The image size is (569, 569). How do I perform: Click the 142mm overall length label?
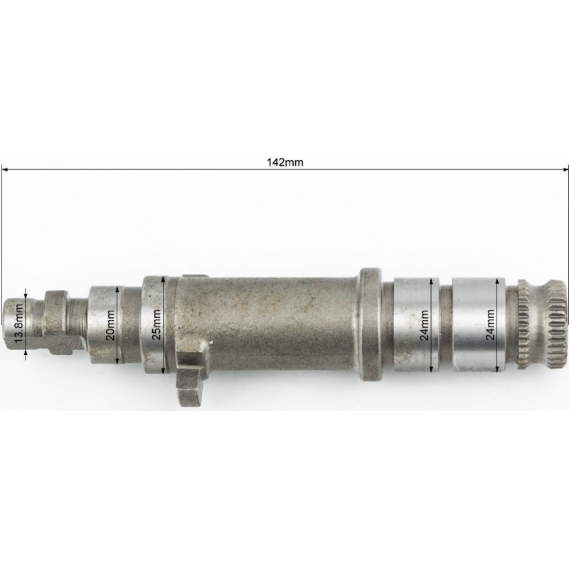coord(285,162)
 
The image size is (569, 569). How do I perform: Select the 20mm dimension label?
coord(111,325)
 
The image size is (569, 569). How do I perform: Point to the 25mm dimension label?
coord(156,324)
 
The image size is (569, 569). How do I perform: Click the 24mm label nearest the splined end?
coord(490,324)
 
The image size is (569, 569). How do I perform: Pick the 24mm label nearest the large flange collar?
coord(424,325)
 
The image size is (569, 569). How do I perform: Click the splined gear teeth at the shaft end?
coord(542,325)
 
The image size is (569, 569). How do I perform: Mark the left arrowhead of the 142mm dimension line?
coord(4,169)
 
